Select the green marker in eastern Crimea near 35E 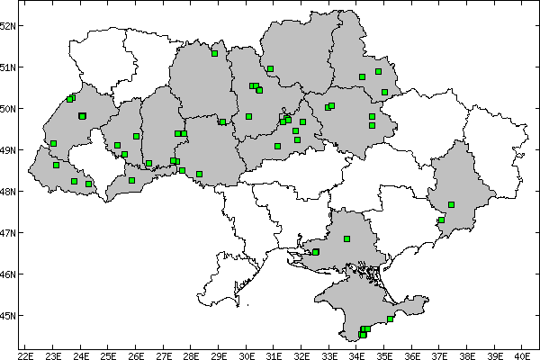tap(390, 319)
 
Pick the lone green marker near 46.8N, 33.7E tap(346, 238)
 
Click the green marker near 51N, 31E tap(270, 68)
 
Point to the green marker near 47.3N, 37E tap(441, 220)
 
